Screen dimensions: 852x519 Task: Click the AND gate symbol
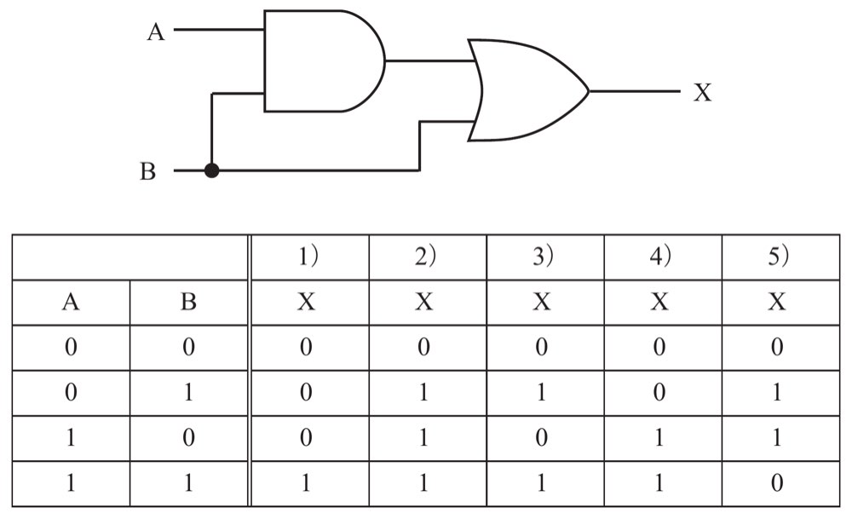pos(325,61)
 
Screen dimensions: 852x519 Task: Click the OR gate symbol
pos(527,90)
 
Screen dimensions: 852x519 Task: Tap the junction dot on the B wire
pos(212,170)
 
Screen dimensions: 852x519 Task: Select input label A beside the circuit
pos(156,32)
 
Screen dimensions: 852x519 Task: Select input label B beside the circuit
pos(147,171)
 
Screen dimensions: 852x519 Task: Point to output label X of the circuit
pos(703,92)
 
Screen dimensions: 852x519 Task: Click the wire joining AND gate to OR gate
pos(430,61)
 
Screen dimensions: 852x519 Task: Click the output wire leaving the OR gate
pos(635,91)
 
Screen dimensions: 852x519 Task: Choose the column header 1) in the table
pos(308,256)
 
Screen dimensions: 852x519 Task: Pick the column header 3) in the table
pos(543,256)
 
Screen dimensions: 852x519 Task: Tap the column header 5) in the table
pos(779,256)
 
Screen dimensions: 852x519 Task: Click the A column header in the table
pos(71,301)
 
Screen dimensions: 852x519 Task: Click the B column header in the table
pos(188,301)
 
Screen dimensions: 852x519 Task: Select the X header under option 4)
pos(659,301)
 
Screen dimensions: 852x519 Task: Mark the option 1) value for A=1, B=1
pos(306,482)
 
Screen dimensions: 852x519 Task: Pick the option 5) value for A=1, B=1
pos(777,482)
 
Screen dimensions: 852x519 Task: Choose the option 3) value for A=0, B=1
pos(541,392)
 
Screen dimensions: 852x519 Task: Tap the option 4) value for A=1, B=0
pos(659,437)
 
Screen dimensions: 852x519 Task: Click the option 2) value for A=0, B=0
pos(423,347)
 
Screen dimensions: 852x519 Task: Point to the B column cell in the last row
pos(188,482)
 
